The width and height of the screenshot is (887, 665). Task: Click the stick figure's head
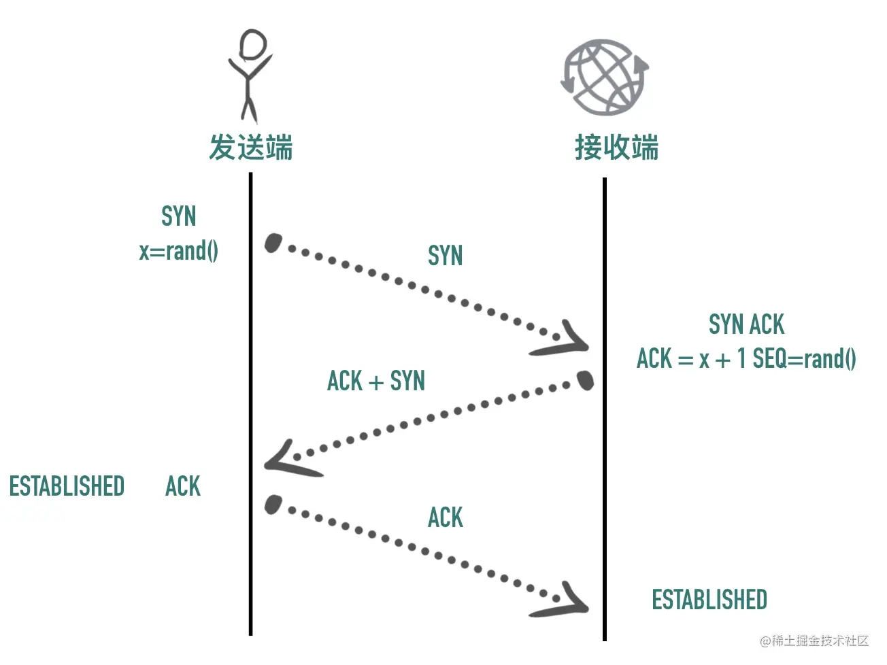pyautogui.click(x=253, y=44)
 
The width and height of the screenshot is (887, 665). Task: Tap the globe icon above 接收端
pyautogui.click(x=605, y=77)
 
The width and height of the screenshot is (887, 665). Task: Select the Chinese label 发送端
pyautogui.click(x=251, y=148)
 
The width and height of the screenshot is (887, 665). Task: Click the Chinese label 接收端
pyautogui.click(x=617, y=148)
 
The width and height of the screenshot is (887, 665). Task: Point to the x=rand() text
pyautogui.click(x=179, y=251)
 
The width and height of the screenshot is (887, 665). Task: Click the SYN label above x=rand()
pyautogui.click(x=179, y=216)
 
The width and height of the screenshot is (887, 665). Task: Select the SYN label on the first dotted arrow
pyautogui.click(x=446, y=255)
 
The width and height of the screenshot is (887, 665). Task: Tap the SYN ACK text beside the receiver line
pyautogui.click(x=746, y=324)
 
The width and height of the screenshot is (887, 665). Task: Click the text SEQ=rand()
pyautogui.click(x=804, y=358)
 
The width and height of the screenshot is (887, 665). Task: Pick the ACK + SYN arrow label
pyautogui.click(x=376, y=380)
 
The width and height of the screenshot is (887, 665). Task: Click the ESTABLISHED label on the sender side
pyautogui.click(x=67, y=485)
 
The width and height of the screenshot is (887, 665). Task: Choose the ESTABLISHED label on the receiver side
pyautogui.click(x=709, y=599)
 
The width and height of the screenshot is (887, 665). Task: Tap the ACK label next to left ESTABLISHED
pyautogui.click(x=183, y=485)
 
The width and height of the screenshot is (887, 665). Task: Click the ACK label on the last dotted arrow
pyautogui.click(x=446, y=517)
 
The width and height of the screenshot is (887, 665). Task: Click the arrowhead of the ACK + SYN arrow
pyautogui.click(x=288, y=460)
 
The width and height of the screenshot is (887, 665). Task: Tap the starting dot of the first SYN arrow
pyautogui.click(x=273, y=243)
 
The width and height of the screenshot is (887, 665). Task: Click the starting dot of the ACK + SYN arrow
pyautogui.click(x=585, y=380)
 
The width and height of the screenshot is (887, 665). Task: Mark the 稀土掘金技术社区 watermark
pyautogui.click(x=814, y=641)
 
